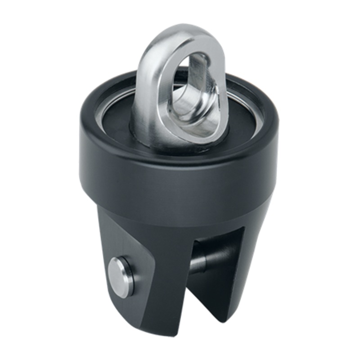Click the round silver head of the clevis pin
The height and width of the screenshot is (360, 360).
point(120,276)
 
